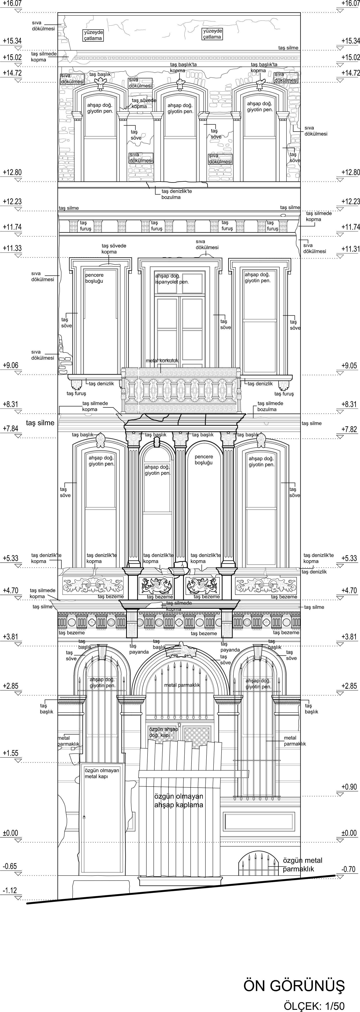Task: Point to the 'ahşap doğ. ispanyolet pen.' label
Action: (x=172, y=278)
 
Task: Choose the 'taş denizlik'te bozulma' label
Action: (x=176, y=194)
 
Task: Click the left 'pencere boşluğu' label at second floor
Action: (x=94, y=278)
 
